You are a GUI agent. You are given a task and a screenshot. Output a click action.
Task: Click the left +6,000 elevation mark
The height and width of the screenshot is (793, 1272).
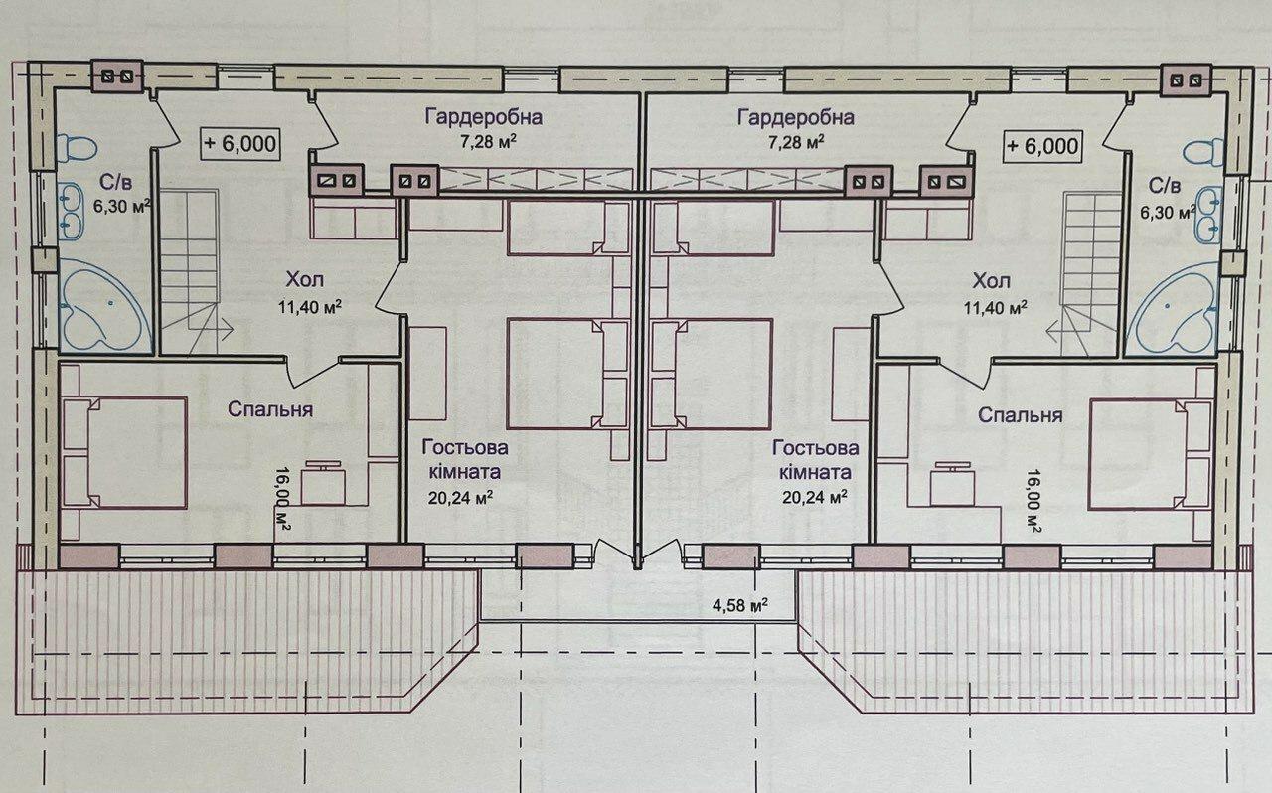[240, 143]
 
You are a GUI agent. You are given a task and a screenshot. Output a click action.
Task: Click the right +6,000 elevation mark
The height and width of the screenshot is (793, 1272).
[1042, 146]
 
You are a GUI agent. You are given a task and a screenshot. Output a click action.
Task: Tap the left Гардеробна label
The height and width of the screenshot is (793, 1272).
[484, 117]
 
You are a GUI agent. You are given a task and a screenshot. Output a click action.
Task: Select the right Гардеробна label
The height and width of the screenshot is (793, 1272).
[796, 117]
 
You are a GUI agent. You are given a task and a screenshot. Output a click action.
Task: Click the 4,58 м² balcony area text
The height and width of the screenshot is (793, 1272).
[740, 604]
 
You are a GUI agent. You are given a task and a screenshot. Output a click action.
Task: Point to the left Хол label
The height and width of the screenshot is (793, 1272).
[305, 279]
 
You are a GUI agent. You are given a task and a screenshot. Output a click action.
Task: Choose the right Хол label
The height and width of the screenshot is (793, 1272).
[992, 280]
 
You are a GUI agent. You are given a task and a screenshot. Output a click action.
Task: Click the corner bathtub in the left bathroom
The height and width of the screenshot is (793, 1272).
[105, 307]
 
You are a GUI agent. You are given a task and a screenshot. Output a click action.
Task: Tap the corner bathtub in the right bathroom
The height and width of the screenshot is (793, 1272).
[1172, 308]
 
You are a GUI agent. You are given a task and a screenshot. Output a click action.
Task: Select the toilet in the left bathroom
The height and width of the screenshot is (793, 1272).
[78, 148]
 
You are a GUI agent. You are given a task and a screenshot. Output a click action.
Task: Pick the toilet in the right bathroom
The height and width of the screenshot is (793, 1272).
[1203, 152]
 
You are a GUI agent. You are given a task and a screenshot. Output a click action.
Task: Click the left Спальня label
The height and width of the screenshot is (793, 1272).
[269, 409]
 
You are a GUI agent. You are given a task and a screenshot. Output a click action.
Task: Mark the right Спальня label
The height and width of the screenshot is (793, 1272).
[1020, 415]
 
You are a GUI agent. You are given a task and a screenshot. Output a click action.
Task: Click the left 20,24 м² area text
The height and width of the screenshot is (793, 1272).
[460, 498]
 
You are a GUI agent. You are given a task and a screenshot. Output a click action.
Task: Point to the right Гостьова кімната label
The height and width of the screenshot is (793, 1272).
[816, 459]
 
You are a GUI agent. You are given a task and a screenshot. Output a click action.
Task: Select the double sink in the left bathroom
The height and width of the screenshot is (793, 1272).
[72, 211]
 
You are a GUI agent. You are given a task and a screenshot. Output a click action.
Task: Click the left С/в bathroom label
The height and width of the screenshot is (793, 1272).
[116, 182]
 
